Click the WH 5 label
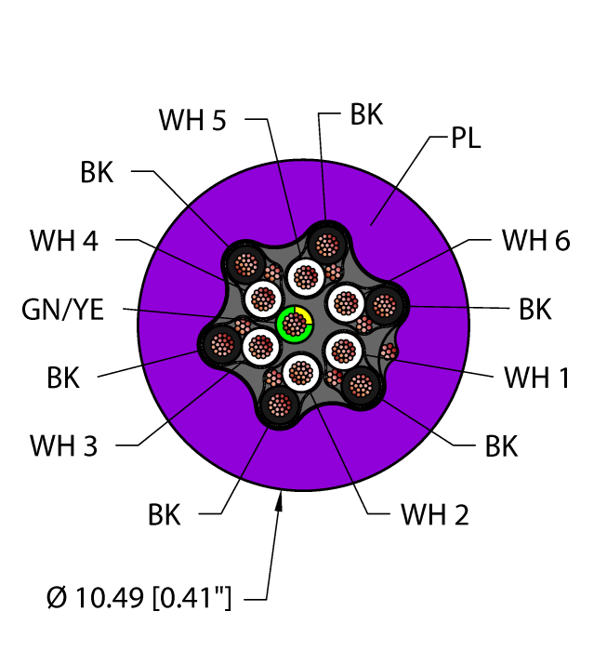192,120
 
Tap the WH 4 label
63,240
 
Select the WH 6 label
535,240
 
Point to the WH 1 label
536,378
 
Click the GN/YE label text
63,309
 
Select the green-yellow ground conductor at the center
295,325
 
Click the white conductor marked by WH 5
304,275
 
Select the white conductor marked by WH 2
299,373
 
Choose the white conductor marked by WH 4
263,299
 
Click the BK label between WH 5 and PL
366,114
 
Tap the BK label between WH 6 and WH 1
535,309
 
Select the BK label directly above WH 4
97,172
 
